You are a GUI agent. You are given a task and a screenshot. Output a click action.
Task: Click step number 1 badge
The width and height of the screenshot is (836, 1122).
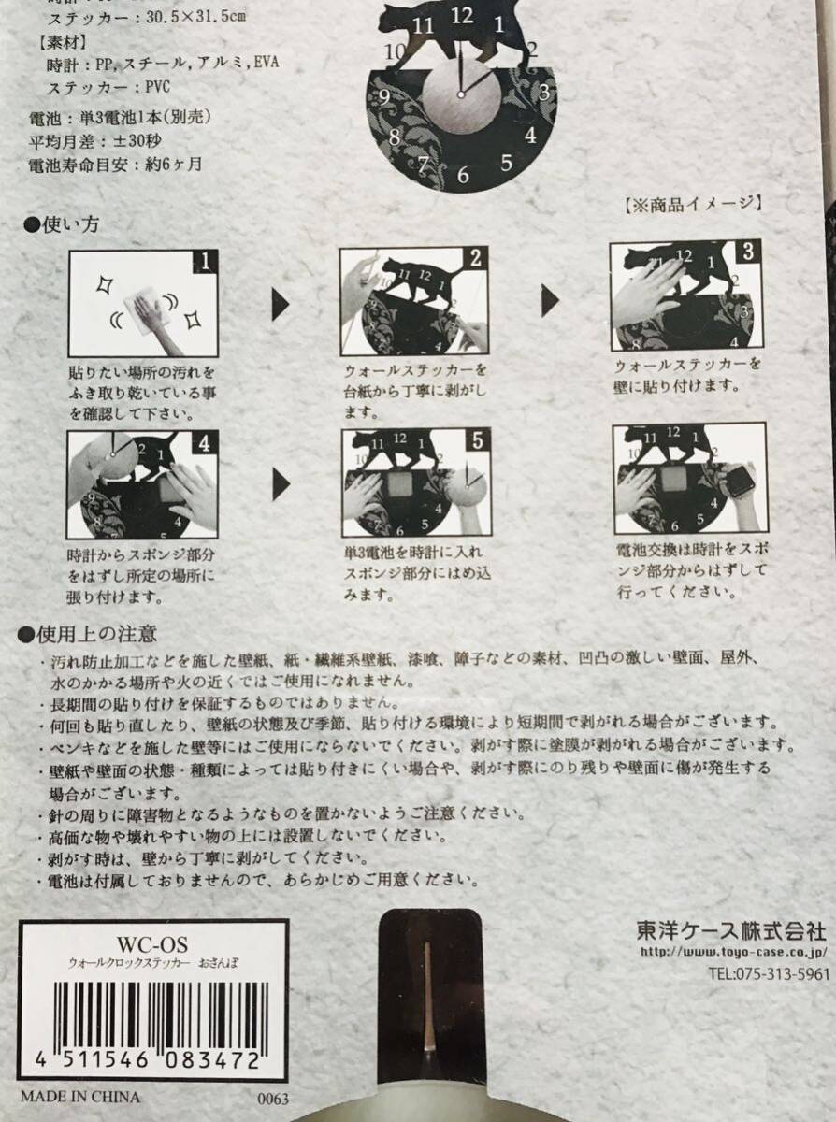[205, 262]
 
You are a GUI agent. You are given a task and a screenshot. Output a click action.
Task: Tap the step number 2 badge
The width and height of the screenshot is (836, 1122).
[475, 258]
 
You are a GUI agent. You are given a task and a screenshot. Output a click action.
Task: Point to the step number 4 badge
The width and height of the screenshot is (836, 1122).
[205, 442]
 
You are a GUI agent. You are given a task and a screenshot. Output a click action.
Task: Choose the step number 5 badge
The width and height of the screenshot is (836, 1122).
[478, 440]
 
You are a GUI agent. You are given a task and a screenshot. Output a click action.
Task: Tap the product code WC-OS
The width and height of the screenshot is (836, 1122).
[152, 943]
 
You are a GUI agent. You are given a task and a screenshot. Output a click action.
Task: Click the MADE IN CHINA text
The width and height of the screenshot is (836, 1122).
[80, 1093]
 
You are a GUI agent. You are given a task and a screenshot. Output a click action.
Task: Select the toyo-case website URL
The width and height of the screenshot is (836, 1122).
[734, 952]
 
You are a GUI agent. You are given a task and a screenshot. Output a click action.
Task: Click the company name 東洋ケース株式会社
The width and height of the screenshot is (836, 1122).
[730, 930]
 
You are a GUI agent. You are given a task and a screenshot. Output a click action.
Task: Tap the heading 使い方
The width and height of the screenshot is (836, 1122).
[62, 224]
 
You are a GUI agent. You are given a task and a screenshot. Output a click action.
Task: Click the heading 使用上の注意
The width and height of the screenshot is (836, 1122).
[87, 633]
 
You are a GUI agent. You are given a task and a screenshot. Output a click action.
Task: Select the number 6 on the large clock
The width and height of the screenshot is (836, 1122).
[463, 175]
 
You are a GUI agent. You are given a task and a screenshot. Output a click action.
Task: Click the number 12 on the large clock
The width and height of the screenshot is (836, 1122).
[462, 16]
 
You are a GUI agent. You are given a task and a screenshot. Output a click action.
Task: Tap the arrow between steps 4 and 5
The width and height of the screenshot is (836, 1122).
[281, 484]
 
